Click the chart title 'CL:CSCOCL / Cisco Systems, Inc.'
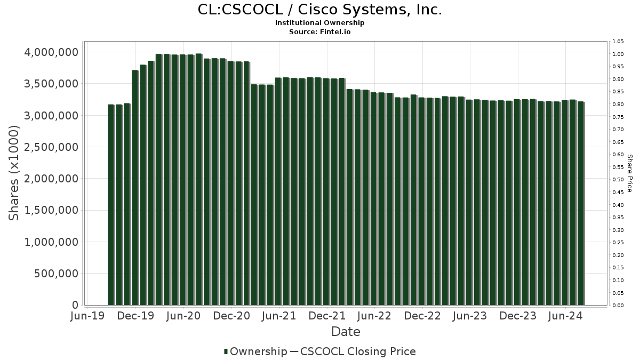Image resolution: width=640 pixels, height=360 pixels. [x=319, y=10]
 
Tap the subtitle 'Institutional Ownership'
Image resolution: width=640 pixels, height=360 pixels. [x=319, y=23]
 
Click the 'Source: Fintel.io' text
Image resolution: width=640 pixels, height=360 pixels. [x=319, y=31]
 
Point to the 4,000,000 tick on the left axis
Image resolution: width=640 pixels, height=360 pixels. [x=51, y=52]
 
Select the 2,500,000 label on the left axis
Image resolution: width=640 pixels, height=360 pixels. [x=51, y=147]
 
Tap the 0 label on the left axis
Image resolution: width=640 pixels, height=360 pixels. [x=75, y=305]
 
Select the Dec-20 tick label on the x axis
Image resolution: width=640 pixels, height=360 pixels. [x=231, y=316]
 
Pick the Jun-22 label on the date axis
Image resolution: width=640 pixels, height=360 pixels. [x=374, y=316]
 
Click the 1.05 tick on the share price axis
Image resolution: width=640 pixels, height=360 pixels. [x=618, y=42]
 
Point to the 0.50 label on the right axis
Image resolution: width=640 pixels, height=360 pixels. [x=618, y=180]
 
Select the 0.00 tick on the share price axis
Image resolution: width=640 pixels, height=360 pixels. [x=618, y=305]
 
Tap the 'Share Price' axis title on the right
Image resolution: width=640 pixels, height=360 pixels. [x=629, y=173]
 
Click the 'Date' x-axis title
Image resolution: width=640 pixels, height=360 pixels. [x=346, y=332]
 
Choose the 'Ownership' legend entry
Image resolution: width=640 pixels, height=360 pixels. [x=255, y=351]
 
